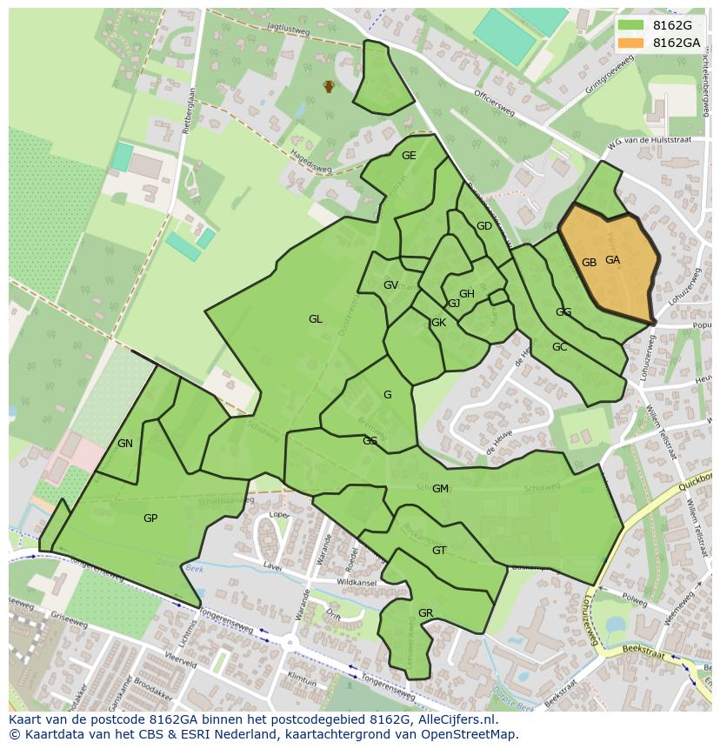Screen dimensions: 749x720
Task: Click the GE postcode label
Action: point(409,156)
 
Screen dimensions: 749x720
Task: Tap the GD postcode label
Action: point(484,226)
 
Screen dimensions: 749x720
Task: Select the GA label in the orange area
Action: point(613,260)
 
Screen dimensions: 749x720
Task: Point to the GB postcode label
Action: point(589,263)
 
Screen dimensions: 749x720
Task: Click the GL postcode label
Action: point(315,319)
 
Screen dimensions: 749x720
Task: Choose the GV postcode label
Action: point(390,285)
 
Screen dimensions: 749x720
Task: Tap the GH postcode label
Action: point(467,294)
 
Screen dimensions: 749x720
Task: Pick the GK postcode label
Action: point(438,323)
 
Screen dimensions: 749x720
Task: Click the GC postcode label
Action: point(559,347)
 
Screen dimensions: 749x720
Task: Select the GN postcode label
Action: point(125,444)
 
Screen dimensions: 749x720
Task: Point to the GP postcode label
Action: point(150,518)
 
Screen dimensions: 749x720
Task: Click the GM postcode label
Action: point(440,489)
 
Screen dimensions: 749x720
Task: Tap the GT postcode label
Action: point(439,551)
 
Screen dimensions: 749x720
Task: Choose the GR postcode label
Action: point(425,613)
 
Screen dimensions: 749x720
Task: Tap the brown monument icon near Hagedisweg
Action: point(329,86)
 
